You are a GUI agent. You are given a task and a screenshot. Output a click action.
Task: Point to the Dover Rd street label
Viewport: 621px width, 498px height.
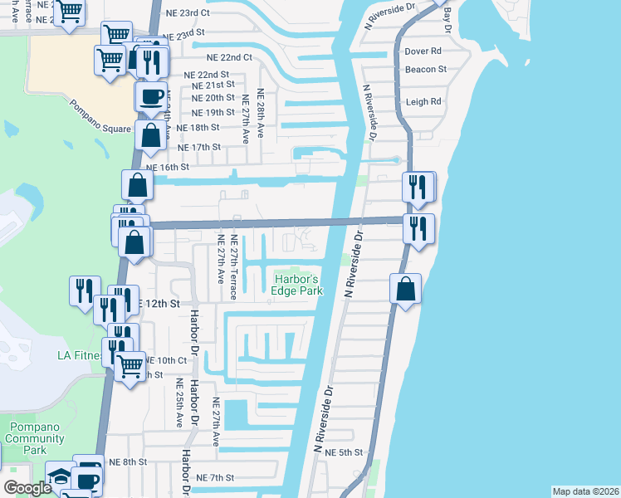tap(422, 51)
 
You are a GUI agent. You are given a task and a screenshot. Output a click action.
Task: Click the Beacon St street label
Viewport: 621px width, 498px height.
tap(426, 70)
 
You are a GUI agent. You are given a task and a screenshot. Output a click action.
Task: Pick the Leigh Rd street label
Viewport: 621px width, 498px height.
tap(423, 102)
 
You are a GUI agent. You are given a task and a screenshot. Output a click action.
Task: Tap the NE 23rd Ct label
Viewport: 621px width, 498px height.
tap(188, 12)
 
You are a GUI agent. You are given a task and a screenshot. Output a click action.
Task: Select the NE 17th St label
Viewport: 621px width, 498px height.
tap(198, 147)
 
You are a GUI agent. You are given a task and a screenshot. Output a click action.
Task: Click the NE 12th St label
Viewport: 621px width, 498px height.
tap(158, 304)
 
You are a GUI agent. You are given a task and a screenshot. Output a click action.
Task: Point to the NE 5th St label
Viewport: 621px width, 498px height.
tap(345, 452)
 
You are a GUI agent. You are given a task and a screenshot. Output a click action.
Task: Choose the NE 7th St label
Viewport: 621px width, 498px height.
tap(217, 478)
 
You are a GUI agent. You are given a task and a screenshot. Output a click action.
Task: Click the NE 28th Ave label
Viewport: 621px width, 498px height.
tap(261, 113)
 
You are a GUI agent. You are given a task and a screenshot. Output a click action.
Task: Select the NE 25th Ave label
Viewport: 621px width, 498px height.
tap(179, 403)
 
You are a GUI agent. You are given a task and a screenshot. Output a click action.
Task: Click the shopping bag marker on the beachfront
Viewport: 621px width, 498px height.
tap(406, 290)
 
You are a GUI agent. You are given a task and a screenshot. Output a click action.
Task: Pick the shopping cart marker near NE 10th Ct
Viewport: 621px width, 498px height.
tap(130, 365)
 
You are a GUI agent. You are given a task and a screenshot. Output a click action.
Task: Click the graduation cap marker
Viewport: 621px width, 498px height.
tap(59, 476)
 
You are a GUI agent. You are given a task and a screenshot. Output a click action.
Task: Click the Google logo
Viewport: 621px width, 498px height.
tap(27, 488)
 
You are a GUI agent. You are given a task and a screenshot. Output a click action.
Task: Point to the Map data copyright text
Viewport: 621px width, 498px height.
tap(585, 491)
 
